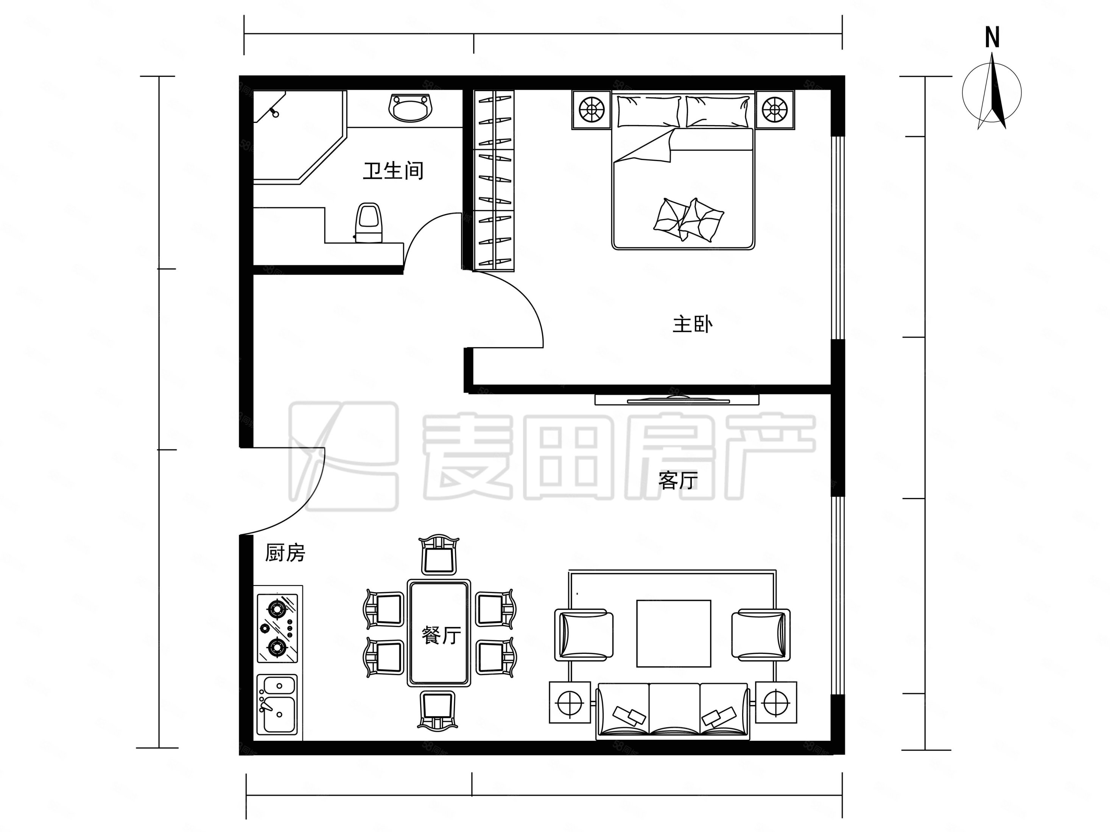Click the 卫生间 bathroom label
coord(393,171)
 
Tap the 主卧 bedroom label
coord(693,324)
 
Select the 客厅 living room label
coord(678,481)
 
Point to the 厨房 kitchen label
coord(285,553)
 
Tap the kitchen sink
coord(277,704)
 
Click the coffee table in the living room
coord(673,634)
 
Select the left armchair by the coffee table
coord(584,634)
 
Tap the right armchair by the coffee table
coord(761,634)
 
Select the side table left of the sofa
coord(570,702)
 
